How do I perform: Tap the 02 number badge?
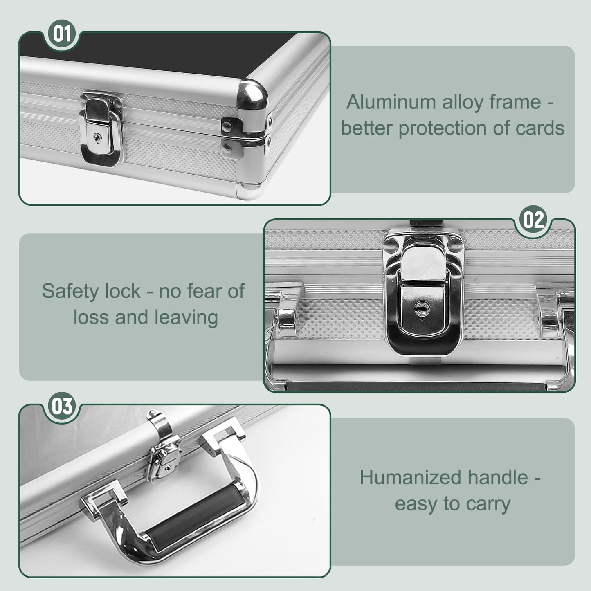click(533, 220)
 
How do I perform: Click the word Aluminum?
click(391, 102)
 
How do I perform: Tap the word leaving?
click(186, 317)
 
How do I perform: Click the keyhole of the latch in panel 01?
click(97, 138)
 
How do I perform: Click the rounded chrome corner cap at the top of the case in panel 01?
click(252, 94)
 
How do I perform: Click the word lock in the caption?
click(123, 291)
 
